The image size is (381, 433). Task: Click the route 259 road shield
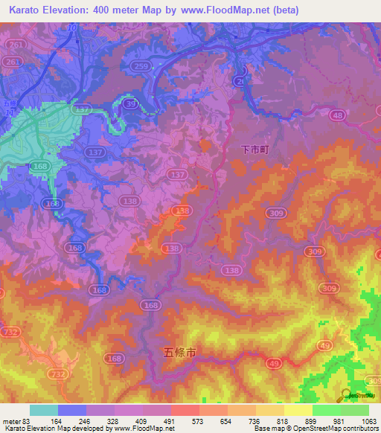click(138, 66)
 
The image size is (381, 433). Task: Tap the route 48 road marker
click(338, 115)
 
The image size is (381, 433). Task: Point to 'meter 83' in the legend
click(14, 420)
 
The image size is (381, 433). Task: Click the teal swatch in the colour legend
click(43, 410)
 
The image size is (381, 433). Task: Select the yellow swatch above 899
click(298, 410)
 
